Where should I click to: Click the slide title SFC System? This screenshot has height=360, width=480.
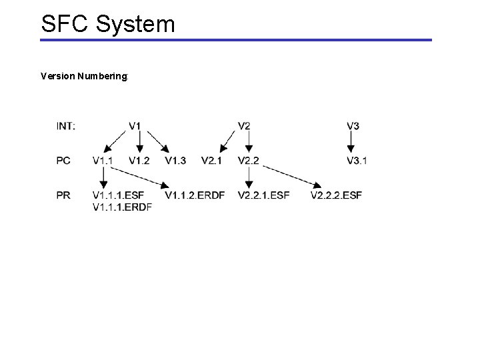[x=108, y=24]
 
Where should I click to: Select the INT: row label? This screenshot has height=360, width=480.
[x=66, y=126]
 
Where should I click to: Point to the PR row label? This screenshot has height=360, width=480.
[x=64, y=195]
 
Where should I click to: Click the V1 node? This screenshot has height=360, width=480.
[x=135, y=126]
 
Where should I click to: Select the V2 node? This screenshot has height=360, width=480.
[x=244, y=126]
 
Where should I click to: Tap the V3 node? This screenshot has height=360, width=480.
[x=353, y=126]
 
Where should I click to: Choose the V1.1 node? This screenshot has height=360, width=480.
[x=103, y=160]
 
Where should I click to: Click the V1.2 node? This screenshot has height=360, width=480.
[x=139, y=160]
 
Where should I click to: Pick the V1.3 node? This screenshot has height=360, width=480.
[x=175, y=160]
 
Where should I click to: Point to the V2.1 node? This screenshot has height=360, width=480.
[x=211, y=160]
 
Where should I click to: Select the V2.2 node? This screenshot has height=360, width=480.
[x=248, y=160]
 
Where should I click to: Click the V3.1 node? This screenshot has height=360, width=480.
[x=357, y=160]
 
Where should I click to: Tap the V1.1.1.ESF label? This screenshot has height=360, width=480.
[x=119, y=195]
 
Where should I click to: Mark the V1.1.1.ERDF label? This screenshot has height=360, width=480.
[x=123, y=207]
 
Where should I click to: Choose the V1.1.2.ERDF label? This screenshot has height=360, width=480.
[x=196, y=195]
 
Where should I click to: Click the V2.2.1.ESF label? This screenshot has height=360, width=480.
[x=263, y=195]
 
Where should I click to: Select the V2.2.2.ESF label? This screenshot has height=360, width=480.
[x=336, y=195]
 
